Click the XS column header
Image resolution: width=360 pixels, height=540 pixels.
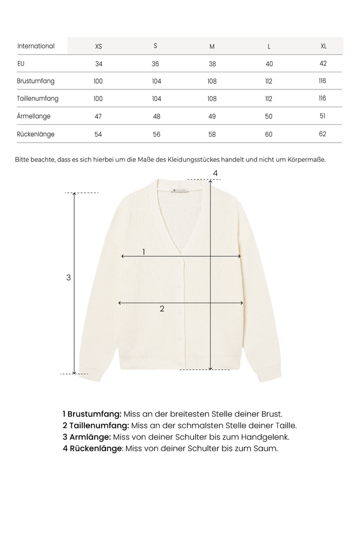point(98,46)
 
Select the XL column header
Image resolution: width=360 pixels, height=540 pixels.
point(323,46)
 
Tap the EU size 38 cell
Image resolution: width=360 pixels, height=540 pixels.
point(212,64)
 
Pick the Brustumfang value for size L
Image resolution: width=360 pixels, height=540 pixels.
point(269,82)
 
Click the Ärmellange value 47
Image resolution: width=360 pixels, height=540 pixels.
point(98,116)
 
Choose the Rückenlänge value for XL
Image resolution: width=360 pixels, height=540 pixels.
point(322,134)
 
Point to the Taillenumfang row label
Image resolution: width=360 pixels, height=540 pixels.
point(38,99)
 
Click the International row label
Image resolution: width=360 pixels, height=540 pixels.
point(36,46)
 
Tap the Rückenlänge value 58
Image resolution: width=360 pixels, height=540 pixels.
point(212,135)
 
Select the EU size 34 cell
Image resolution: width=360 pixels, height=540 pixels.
point(99,64)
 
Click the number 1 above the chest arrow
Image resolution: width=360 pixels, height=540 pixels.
point(144,251)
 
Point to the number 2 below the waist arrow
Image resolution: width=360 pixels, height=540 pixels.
point(162,308)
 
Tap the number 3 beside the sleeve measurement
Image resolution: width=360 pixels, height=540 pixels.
point(68,278)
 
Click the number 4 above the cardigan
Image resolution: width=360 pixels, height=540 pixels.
point(215,173)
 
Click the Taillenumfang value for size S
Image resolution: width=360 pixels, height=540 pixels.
point(156,99)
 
